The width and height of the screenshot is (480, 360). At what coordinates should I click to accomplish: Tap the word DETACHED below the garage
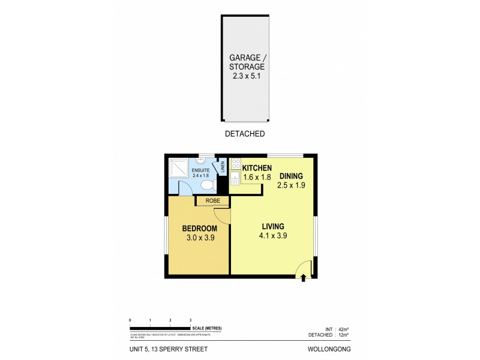click(x=245, y=134)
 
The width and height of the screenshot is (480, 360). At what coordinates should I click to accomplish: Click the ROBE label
click(x=212, y=201)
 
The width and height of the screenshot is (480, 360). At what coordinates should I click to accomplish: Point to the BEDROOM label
click(x=199, y=228)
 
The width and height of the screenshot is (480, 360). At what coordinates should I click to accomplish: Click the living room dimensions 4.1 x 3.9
click(x=272, y=236)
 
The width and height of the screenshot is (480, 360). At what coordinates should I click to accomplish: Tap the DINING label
click(x=290, y=176)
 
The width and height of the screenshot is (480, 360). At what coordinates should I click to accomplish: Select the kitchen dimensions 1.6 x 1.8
click(x=257, y=178)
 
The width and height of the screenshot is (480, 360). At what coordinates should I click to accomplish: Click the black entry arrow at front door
click(x=304, y=278)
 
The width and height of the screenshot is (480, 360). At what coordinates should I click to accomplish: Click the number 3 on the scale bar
click(x=190, y=320)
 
